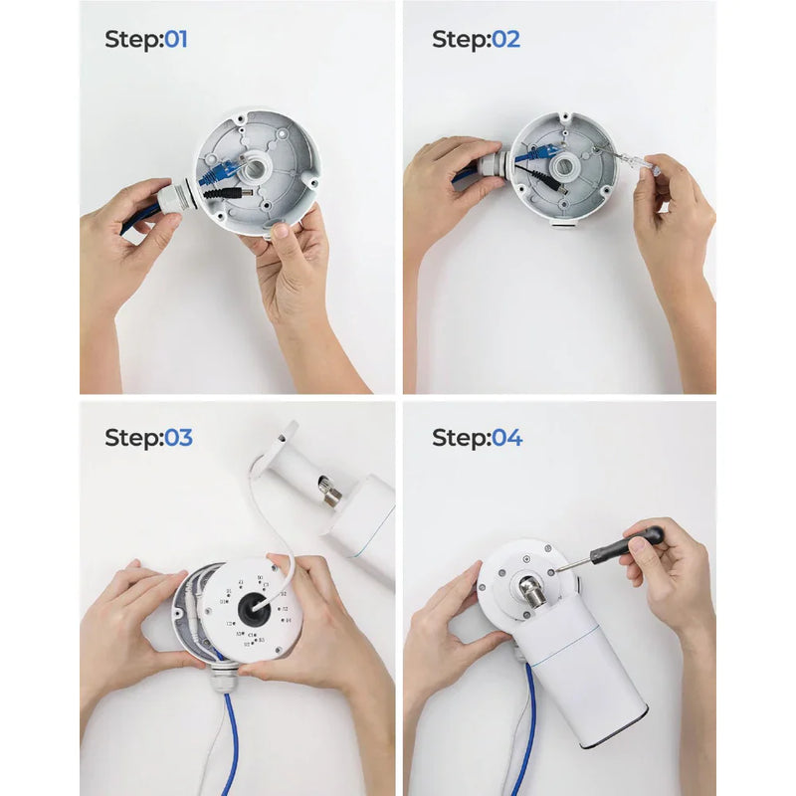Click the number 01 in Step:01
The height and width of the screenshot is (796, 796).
175,40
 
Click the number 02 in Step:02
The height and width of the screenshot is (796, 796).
505,40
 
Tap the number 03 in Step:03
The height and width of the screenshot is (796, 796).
178,438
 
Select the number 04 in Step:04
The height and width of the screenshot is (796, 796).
506,438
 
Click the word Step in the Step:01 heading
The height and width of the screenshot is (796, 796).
131,40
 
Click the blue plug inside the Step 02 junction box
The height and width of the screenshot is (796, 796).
534,155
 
